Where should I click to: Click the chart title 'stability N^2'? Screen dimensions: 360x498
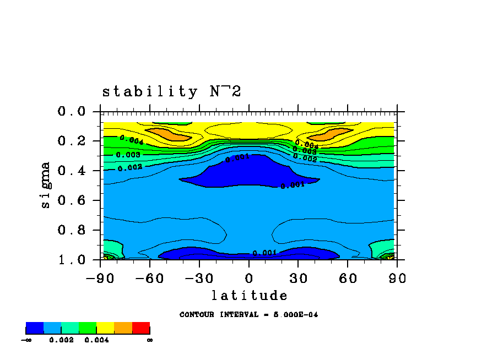tap(171, 91)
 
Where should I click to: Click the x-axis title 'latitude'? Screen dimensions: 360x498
tap(249, 296)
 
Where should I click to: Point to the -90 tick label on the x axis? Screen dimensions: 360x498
tap(100, 279)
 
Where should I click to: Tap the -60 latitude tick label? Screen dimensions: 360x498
tap(150, 279)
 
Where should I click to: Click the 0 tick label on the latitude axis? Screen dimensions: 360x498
tap(249, 279)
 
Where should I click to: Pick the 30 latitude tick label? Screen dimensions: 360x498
tap(298, 279)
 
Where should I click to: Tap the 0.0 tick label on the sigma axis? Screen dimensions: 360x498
tap(72, 112)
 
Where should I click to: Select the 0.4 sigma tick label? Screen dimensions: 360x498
tap(72, 171)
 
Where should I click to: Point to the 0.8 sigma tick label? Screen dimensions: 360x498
tap(72, 230)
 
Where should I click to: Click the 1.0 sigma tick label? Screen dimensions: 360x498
tap(72, 259)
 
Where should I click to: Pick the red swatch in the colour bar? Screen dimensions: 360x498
tap(141, 328)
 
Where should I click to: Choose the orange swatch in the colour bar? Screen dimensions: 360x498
tap(123, 328)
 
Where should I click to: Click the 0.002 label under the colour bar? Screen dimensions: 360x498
tap(61, 340)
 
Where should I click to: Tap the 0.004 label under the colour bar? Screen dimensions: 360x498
tap(96, 340)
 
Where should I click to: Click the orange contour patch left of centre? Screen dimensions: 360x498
tap(169, 134)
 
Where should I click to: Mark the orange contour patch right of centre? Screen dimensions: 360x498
tap(329, 134)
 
